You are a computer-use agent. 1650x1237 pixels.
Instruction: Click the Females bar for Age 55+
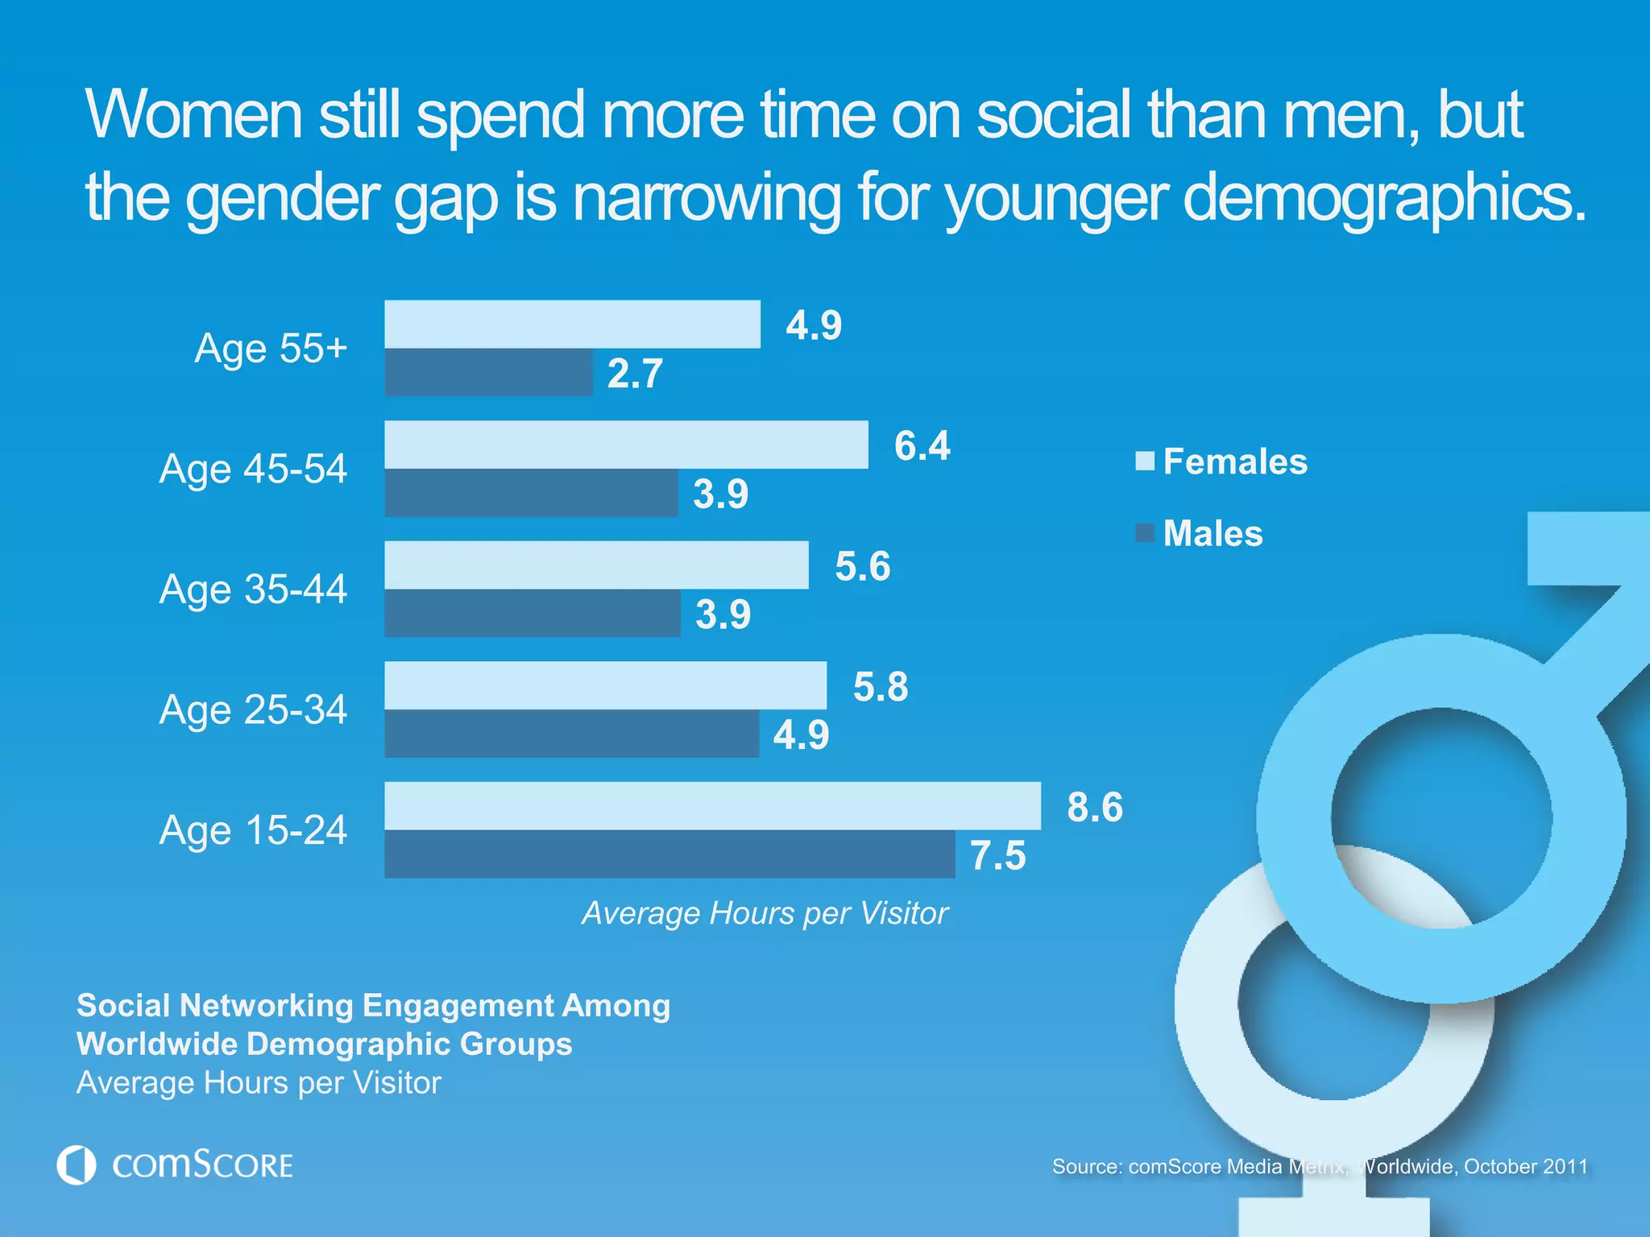tap(572, 325)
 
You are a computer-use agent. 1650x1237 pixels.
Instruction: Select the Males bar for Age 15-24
tap(669, 854)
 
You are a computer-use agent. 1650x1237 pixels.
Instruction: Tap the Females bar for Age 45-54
tap(626, 445)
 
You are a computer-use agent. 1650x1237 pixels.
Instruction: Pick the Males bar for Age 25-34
tap(571, 734)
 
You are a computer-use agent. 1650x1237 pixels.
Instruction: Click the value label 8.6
tap(1094, 807)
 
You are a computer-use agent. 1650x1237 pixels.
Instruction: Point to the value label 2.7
tap(635, 374)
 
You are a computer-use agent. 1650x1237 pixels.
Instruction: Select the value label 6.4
tap(922, 445)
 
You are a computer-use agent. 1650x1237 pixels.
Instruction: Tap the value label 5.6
tap(862, 566)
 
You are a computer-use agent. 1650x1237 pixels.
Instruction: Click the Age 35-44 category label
tap(253, 589)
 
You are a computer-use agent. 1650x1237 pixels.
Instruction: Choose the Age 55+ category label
tap(271, 349)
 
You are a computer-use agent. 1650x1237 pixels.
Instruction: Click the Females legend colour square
tap(1145, 461)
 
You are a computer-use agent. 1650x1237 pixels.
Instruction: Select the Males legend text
tap(1213, 533)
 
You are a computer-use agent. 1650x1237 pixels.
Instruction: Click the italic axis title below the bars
tap(765, 913)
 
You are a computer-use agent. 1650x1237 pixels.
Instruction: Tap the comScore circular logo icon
tap(77, 1165)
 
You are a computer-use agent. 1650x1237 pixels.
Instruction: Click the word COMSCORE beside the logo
tap(202, 1165)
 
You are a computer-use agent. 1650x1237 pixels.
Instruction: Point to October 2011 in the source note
tap(1525, 1166)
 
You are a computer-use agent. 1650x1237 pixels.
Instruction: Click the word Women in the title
tap(193, 114)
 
